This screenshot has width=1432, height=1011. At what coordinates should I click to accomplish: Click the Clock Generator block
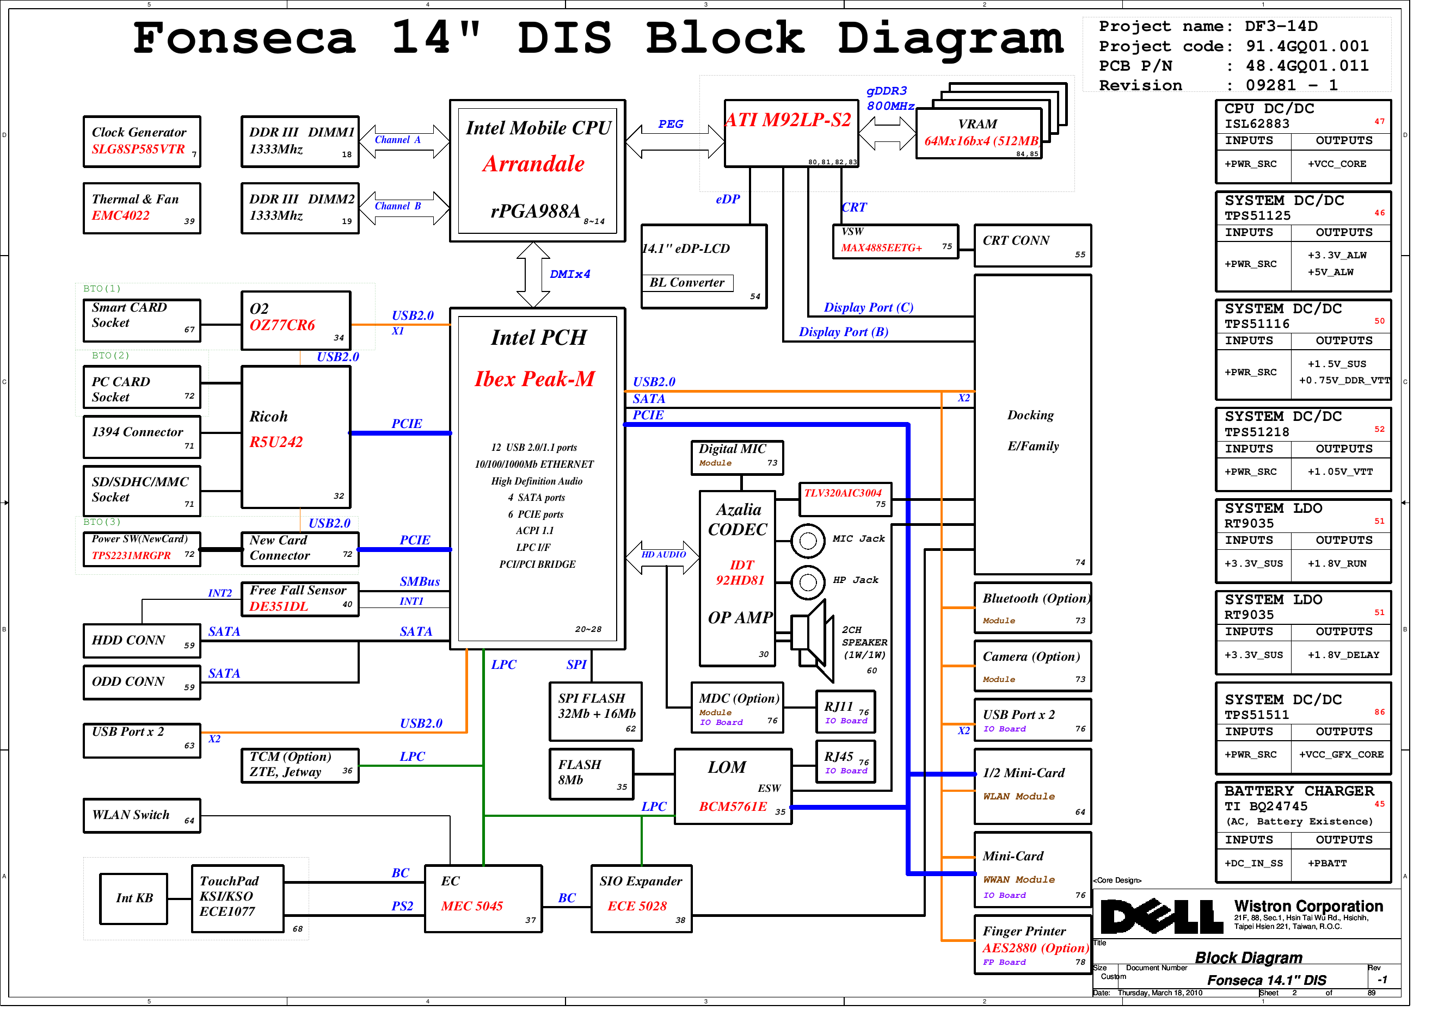[x=142, y=141]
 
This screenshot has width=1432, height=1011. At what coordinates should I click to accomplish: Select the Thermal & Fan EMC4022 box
[x=142, y=208]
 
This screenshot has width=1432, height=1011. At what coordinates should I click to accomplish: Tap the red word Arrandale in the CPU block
[x=533, y=164]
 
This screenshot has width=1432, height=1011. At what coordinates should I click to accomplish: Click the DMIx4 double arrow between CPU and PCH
[x=533, y=274]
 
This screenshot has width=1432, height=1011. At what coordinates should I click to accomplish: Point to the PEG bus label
[x=671, y=124]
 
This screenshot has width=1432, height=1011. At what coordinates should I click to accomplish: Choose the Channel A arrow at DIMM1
[x=404, y=141]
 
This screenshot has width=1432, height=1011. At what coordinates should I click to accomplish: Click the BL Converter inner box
[x=687, y=283]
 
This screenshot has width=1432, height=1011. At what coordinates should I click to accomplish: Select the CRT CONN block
[x=1033, y=246]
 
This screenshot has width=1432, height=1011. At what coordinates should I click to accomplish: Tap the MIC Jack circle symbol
[x=808, y=541]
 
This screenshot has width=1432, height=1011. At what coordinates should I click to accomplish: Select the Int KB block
[x=134, y=898]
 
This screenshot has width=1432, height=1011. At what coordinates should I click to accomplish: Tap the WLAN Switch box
[x=142, y=815]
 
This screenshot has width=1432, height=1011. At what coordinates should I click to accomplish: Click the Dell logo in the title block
[x=1161, y=916]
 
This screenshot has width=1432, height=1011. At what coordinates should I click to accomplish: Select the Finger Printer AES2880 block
[x=1033, y=944]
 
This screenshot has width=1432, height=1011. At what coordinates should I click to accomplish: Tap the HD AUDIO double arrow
[x=662, y=556]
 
